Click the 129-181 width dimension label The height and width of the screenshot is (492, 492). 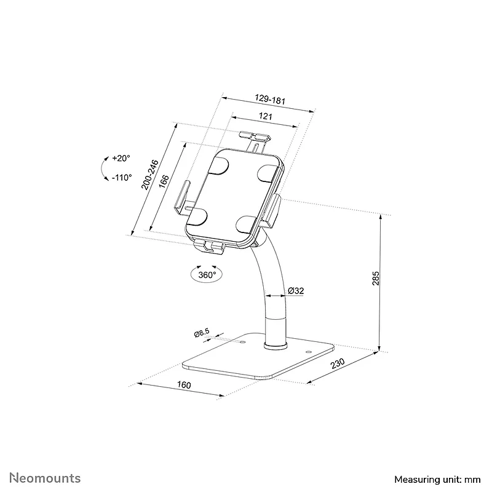(270, 99)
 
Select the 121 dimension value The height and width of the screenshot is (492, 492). (266, 116)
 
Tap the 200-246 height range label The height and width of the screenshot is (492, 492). (149, 175)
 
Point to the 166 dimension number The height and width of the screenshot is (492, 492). (164, 181)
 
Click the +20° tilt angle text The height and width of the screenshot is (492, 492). (121, 158)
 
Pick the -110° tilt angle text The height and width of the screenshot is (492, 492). (122, 178)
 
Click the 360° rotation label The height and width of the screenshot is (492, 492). (207, 275)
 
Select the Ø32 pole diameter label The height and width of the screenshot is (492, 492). (296, 291)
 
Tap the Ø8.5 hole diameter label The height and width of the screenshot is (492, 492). (202, 333)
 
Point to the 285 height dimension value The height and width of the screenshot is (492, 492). (376, 279)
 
